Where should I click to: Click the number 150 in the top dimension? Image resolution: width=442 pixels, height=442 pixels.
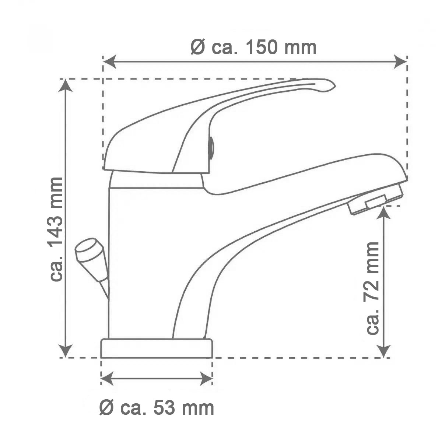click(x=262, y=48)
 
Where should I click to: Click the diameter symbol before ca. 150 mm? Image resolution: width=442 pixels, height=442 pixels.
click(x=198, y=48)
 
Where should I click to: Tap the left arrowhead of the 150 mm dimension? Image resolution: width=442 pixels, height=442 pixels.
click(x=109, y=62)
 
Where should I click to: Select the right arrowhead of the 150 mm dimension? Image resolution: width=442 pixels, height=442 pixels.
click(x=400, y=62)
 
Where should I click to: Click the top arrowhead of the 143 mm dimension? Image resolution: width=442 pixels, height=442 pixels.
click(x=66, y=85)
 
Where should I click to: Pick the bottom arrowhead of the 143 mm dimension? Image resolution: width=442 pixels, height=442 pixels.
click(x=66, y=351)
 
